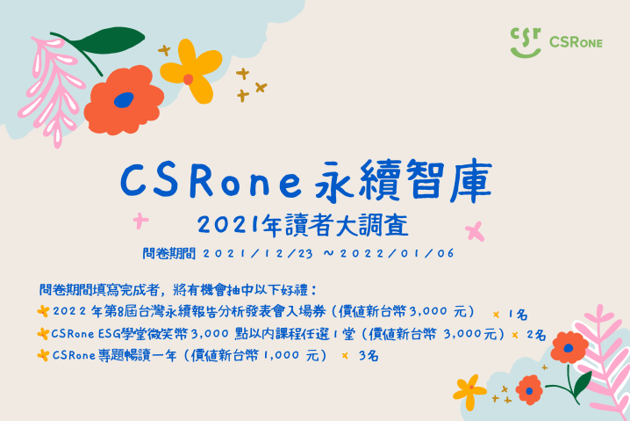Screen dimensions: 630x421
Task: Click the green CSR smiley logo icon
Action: pos(526,42)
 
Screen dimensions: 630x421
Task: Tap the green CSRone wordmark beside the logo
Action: pos(576,42)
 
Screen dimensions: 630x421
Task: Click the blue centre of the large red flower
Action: pos(124,100)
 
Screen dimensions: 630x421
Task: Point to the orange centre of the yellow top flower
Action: pos(188,79)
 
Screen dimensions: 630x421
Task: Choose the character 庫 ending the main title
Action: pos(471,181)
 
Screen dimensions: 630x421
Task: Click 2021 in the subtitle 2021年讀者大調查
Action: pos(228,225)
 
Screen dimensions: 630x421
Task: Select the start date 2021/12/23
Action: pos(258,253)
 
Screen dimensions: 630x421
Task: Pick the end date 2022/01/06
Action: pos(397,253)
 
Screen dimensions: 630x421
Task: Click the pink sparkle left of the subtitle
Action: pos(140,221)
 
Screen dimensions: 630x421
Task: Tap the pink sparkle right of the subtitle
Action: pos(475,231)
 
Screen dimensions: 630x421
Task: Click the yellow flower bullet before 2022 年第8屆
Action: pos(43,311)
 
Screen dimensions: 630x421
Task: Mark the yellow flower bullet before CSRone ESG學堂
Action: pos(43,333)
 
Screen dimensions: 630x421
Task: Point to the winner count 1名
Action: pos(519,315)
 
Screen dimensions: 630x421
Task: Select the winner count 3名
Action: pos(369,355)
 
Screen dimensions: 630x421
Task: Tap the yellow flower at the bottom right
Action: pos(469,392)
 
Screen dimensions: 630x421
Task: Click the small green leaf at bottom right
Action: pos(583,382)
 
